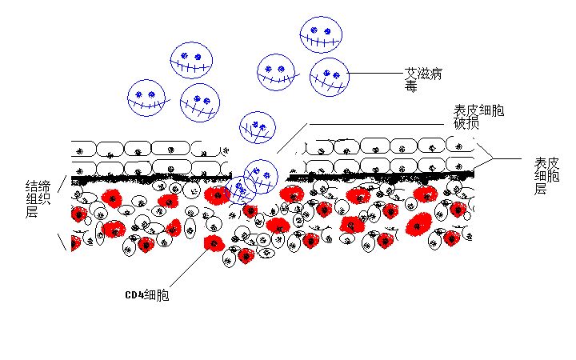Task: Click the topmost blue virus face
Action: (321, 34)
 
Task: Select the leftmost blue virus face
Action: (146, 98)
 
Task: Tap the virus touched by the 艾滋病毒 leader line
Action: (329, 77)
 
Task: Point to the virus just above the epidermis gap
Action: (257, 127)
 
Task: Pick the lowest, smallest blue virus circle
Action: (241, 190)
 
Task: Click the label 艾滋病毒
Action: (423, 80)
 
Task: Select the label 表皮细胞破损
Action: (478, 117)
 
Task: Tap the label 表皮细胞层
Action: (546, 175)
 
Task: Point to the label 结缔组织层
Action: (38, 198)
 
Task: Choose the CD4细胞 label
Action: (147, 295)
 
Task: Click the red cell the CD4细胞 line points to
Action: (214, 243)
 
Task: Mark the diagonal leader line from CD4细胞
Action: (189, 267)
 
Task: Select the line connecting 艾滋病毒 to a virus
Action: (376, 73)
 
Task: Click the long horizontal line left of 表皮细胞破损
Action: (377, 124)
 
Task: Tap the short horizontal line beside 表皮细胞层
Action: (507, 158)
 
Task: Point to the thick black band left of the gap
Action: (151, 179)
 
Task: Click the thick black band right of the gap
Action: (380, 178)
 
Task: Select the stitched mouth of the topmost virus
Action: (320, 40)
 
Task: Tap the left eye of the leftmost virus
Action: (139, 94)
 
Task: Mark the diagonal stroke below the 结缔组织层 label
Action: (62, 242)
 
